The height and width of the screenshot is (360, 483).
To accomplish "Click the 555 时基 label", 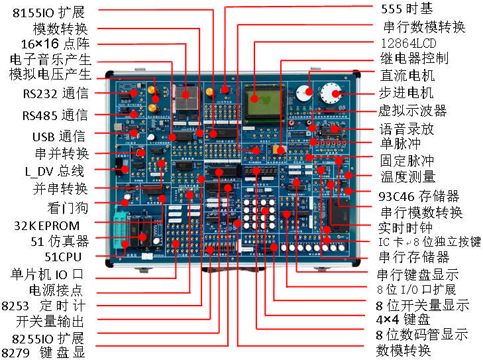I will click(407, 9).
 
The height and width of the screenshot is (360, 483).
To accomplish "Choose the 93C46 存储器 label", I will click(419, 196).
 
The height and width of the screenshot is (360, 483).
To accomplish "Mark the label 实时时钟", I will click(405, 227).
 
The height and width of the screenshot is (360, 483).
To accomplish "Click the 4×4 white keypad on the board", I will click(258, 213).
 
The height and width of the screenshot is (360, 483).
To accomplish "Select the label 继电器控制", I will click(415, 58).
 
